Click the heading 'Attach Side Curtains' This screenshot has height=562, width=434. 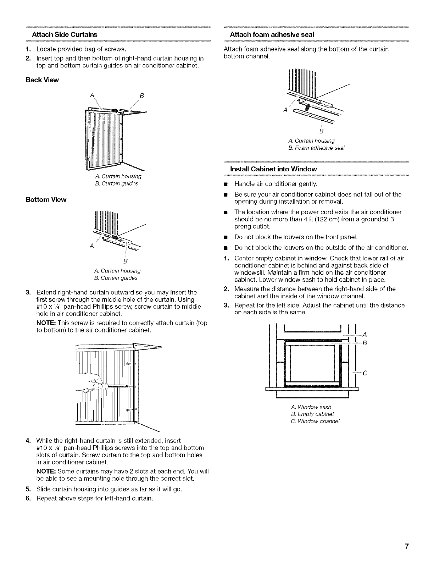[x=65, y=35]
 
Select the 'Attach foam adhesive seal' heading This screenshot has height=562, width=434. [x=272, y=35]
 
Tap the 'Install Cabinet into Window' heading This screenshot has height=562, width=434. [x=273, y=169]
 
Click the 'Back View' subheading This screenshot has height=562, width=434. [x=43, y=80]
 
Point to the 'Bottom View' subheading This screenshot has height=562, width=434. [x=46, y=200]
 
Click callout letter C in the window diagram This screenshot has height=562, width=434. [x=365, y=373]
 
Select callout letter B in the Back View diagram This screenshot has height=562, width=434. [x=141, y=96]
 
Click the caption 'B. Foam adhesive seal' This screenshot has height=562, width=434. [x=316, y=148]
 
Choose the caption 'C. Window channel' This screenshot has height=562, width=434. [x=315, y=421]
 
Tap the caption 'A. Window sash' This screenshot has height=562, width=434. [x=311, y=407]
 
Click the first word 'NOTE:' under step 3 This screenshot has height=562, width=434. [x=46, y=323]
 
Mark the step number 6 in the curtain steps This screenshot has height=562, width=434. [x=28, y=498]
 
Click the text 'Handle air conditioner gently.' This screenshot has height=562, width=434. [x=276, y=184]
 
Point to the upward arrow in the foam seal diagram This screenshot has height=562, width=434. [x=307, y=107]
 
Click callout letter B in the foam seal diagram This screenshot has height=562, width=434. [x=321, y=131]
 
